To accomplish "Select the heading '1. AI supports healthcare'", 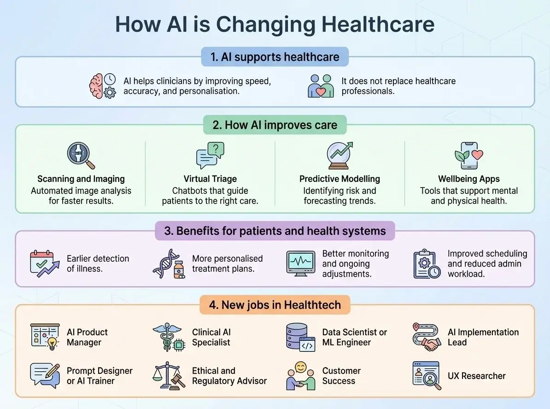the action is tap(275, 57).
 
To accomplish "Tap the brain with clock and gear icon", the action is tap(102, 86).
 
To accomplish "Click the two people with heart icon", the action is tap(321, 86).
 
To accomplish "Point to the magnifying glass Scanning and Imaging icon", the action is tap(81, 156).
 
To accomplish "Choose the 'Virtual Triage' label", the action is tap(210, 179).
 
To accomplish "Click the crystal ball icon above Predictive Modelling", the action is tap(339, 156).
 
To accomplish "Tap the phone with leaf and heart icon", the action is tap(468, 156).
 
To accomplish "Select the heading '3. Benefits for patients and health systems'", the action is tap(275, 231).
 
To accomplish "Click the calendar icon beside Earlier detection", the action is tap(45, 264).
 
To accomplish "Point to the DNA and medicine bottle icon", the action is tap(169, 264).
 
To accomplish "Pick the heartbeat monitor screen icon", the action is tap(300, 264).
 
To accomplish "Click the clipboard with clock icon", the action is tap(427, 264).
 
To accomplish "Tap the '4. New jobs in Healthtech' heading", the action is tap(275, 304).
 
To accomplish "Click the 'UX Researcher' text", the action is tap(476, 376).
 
